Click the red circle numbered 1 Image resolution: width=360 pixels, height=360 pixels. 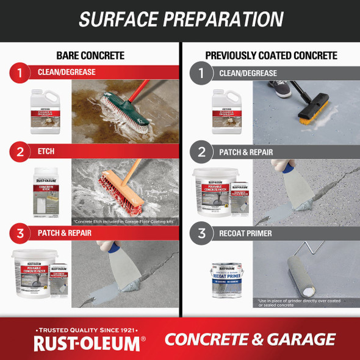click(20, 74)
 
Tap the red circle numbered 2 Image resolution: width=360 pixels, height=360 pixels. click(20, 151)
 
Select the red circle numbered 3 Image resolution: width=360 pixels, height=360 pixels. click(20, 232)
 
